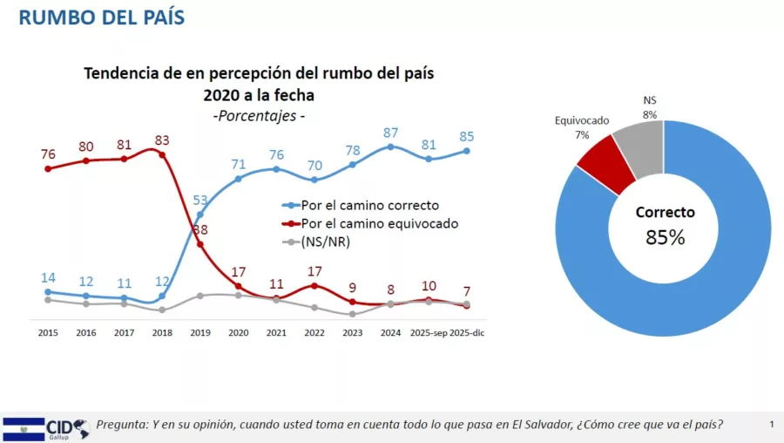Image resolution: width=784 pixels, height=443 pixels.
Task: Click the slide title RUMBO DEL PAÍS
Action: coord(101,17)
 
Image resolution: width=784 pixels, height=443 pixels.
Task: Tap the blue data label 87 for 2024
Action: coord(391,132)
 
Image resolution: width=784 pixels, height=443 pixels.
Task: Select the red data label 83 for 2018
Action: coord(162,139)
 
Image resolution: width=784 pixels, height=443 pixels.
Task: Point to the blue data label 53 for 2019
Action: coord(199,200)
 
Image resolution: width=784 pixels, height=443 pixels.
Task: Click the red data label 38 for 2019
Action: coord(199,230)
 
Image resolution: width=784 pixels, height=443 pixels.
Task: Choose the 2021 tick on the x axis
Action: coord(276,332)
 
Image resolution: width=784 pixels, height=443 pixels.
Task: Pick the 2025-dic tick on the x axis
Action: coord(466,332)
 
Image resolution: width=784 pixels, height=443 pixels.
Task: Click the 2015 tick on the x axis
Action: coord(48,332)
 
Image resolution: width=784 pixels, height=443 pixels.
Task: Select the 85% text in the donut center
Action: coord(665,236)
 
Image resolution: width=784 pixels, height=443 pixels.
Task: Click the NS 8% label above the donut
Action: coord(650,106)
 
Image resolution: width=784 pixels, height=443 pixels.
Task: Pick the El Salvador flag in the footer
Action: coord(24,427)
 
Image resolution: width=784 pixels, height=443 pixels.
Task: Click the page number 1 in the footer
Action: coord(772,425)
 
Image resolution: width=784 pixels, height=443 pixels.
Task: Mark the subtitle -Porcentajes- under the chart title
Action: coord(259,115)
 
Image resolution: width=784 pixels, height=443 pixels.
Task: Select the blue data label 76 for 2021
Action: coord(276,154)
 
